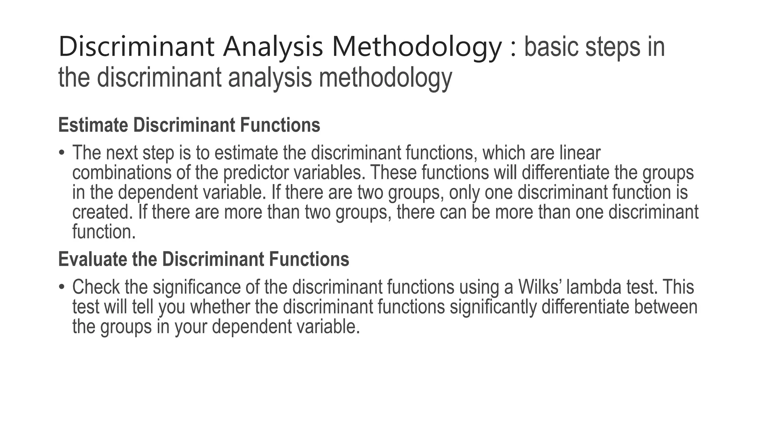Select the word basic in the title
[x=551, y=47]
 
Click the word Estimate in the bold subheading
[x=93, y=125]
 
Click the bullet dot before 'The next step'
[x=62, y=153]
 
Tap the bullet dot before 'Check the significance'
[x=62, y=287]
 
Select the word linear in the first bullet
[x=580, y=153]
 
